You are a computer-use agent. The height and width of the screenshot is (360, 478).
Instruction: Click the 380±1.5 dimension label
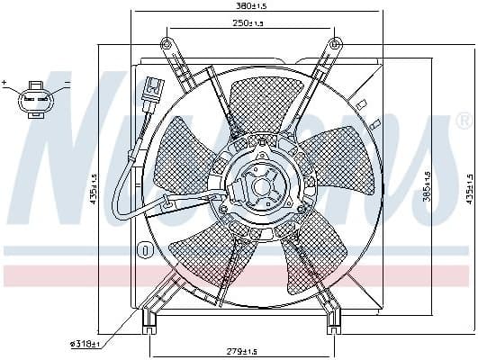click(x=239, y=6)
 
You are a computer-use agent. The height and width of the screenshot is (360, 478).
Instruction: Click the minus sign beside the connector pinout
click(x=67, y=83)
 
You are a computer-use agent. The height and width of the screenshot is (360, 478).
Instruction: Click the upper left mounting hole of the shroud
click(x=165, y=44)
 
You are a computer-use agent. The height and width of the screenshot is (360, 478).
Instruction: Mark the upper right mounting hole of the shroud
click(x=335, y=44)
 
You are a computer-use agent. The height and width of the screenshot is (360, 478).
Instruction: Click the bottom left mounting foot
click(x=149, y=317)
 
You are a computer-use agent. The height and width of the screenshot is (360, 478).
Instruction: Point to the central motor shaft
click(x=262, y=188)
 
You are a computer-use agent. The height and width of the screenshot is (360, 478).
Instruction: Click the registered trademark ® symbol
click(x=463, y=120)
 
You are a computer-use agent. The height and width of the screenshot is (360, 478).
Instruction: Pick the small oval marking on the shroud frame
click(x=142, y=249)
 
